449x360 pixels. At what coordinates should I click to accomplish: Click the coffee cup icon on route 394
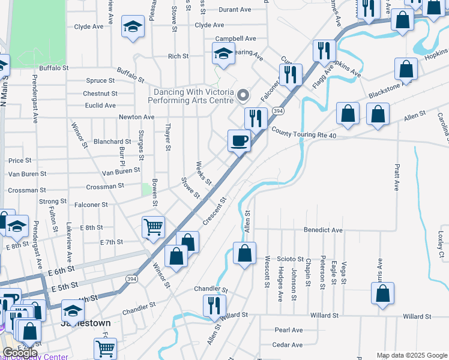[239, 141]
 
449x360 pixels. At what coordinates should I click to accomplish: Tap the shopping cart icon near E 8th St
[153, 228]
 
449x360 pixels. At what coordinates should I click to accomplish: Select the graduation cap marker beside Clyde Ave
[133, 27]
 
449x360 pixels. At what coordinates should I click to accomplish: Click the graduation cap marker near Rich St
[223, 54]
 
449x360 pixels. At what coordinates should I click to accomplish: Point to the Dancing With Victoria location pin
[243, 95]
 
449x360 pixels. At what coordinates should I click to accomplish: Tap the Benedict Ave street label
[323, 230]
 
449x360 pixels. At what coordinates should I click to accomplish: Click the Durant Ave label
[235, 10]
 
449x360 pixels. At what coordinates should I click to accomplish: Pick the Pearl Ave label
[289, 330]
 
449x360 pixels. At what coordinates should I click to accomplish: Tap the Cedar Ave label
[288, 345]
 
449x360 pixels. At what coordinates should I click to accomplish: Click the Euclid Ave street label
[100, 105]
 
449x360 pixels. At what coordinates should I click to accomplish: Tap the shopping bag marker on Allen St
[244, 253]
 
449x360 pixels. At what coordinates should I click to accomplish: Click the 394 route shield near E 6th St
[130, 278]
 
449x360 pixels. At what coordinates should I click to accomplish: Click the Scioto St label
[291, 259]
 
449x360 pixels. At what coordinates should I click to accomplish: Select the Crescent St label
[214, 212]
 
